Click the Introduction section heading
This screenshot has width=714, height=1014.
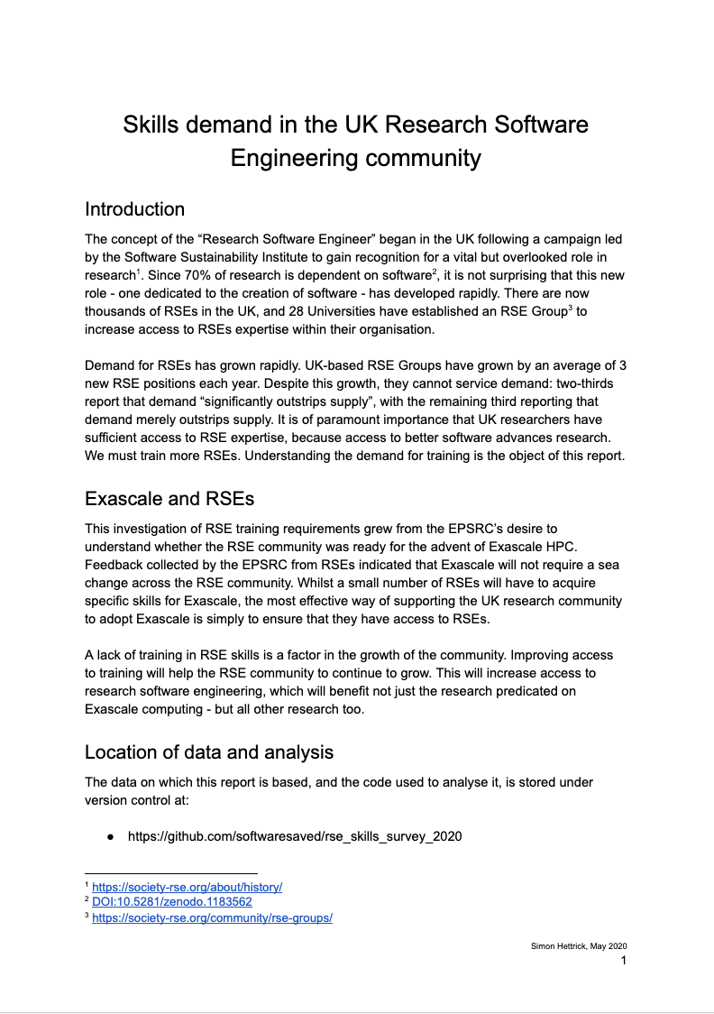coord(134,209)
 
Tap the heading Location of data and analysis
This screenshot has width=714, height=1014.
coord(209,751)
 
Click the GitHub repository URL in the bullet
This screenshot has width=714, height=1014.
coord(295,836)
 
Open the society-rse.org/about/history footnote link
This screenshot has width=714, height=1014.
coord(187,887)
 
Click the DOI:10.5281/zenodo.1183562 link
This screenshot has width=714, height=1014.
coord(172,901)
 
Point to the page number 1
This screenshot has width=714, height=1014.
coord(623,961)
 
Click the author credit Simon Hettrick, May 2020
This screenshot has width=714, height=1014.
coord(578,945)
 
